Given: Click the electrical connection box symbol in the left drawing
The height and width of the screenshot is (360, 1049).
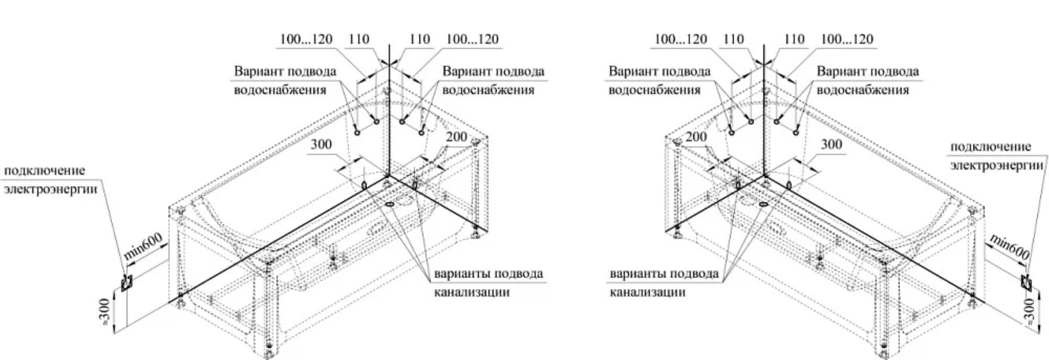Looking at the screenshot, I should (126, 282).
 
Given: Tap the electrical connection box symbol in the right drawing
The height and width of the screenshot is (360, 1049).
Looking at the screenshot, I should (1026, 282).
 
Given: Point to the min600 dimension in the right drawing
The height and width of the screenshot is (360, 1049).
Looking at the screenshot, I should (1009, 247).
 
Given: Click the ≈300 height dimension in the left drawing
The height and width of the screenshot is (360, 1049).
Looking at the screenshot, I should (105, 311).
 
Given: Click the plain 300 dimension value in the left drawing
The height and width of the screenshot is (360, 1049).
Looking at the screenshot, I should (321, 144).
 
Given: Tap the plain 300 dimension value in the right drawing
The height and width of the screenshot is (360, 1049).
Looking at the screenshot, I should (831, 144).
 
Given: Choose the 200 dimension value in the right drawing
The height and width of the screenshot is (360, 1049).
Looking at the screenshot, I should (696, 137).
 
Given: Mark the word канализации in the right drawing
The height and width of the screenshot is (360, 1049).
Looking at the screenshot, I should (647, 292).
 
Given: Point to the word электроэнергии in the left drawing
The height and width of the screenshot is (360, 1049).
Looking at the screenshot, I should (51, 189).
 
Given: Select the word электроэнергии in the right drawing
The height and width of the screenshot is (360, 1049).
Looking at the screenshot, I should (997, 165).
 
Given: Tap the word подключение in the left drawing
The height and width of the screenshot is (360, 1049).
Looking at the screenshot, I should (44, 171).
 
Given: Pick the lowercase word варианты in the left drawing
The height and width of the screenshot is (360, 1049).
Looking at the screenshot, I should (459, 274).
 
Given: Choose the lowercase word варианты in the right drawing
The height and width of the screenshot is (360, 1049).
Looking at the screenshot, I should (635, 274).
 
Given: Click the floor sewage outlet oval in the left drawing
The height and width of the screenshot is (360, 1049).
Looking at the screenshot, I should (389, 204).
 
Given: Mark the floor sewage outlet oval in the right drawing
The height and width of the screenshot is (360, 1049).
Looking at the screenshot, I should (763, 204).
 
